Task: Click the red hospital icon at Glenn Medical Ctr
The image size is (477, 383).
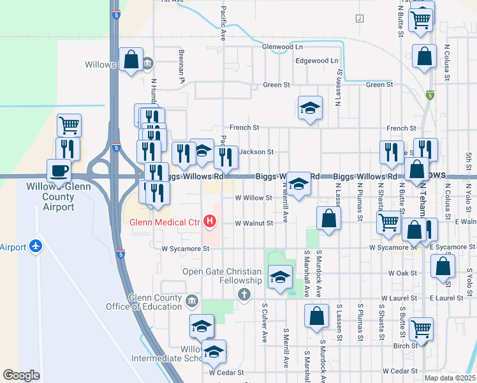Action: point(210,223)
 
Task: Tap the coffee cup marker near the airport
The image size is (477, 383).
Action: point(59,171)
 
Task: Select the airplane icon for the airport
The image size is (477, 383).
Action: point(35,246)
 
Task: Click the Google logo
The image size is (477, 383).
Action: point(21,375)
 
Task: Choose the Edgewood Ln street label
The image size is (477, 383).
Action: point(317,61)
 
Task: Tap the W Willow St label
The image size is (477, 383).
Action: point(254,198)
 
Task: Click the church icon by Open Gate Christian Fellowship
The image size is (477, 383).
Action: point(243,294)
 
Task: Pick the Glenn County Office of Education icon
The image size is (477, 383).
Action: point(192,300)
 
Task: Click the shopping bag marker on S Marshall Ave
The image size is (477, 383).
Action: point(316,316)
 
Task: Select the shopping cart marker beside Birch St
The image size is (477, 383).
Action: point(421,329)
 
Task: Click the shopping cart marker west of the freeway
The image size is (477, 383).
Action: point(69,124)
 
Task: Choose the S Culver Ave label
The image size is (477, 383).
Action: point(263,321)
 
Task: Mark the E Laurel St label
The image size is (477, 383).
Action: point(446,298)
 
